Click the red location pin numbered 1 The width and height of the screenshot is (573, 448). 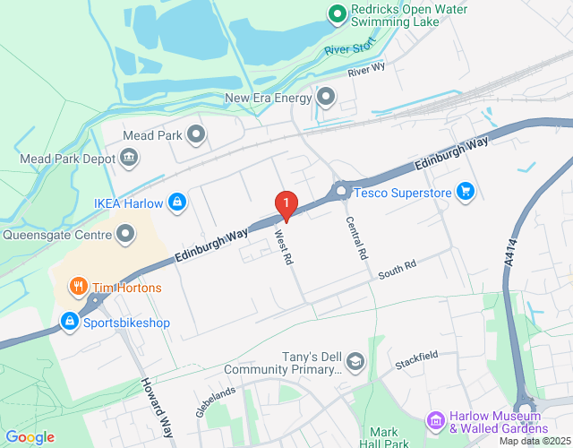coord(285,205)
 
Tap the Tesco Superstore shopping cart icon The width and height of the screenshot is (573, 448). coord(464,191)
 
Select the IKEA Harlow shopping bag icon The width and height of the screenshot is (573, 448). coord(178,202)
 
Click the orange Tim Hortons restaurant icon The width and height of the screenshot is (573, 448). coord(79,288)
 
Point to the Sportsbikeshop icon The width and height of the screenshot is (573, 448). coord(68,320)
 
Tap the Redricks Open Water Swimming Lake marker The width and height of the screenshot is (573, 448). coord(337,13)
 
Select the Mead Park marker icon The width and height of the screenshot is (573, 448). coord(196,135)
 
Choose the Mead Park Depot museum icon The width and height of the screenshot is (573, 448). coord(130,159)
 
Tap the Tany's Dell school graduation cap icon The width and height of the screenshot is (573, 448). coord(355,361)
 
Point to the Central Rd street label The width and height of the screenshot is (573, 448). coord(357,238)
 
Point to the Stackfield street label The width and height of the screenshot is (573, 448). coord(416,359)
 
